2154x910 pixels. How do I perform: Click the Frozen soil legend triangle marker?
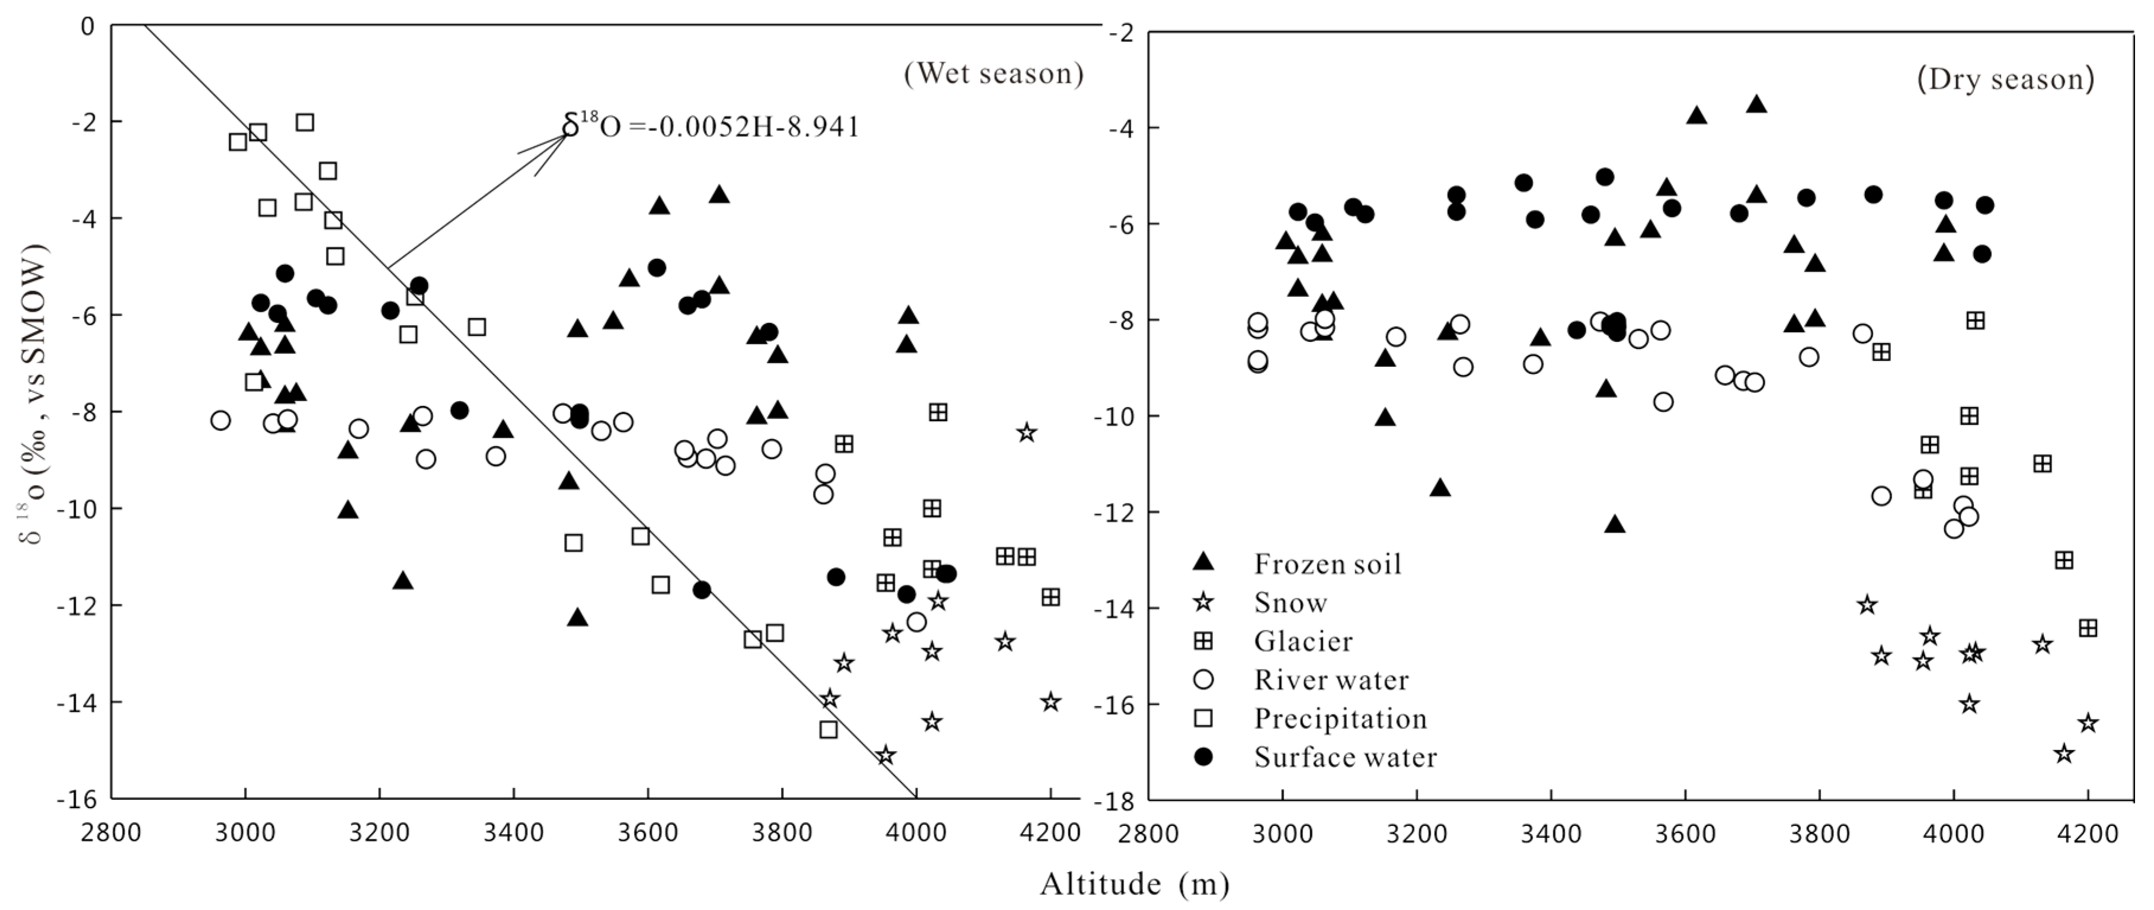1204,562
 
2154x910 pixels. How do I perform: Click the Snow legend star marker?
1204,602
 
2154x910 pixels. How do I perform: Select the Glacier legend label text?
1302,641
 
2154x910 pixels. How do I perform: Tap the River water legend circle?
1204,678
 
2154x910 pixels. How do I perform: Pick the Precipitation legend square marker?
1204,718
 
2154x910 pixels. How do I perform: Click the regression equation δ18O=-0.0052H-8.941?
710,127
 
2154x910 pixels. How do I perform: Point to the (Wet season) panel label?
993,73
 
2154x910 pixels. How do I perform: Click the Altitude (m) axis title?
1134,884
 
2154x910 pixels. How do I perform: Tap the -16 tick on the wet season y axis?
77,798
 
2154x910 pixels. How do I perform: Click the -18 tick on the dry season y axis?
1113,800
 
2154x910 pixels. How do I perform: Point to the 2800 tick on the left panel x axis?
112,833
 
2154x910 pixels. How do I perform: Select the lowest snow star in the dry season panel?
2064,754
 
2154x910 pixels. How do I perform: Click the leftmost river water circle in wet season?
221,420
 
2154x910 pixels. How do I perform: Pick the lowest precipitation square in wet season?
828,729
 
